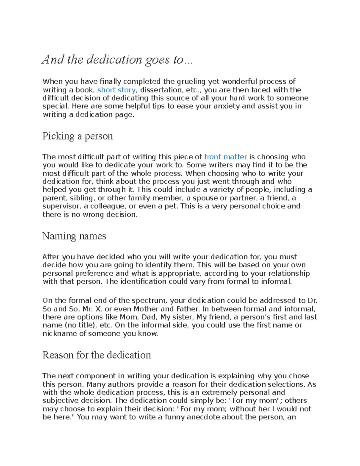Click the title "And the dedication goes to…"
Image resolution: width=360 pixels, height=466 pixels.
tap(117, 60)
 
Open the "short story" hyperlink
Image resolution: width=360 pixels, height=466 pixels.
tap(116, 90)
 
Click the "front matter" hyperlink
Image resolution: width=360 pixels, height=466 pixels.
tap(225, 157)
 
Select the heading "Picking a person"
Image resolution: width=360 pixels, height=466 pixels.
tap(78, 136)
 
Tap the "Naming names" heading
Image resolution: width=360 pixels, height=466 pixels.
tap(74, 236)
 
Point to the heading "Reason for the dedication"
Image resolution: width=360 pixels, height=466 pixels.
tap(97, 355)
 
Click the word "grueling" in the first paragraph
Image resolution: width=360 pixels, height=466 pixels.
tap(191, 82)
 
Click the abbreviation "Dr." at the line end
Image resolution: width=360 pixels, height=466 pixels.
tap(312, 301)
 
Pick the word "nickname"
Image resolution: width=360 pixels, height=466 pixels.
tap(60, 334)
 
